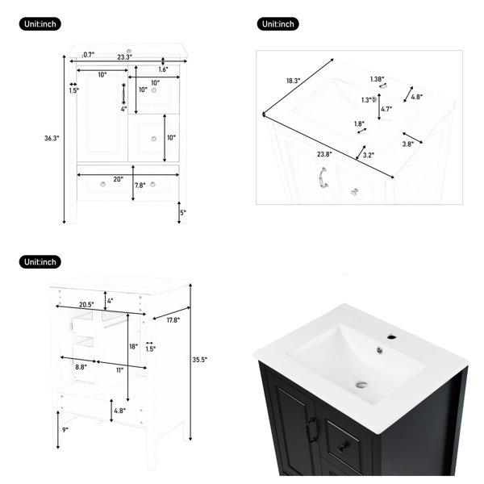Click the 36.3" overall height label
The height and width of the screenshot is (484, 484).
coord(52,138)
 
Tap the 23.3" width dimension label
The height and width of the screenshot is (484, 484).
coord(125,57)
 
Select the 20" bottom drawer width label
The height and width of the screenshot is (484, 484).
coord(119,179)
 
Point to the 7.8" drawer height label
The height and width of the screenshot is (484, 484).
coord(140,186)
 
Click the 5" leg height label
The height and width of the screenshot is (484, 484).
coord(183,213)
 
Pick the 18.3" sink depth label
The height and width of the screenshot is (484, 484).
coord(294,81)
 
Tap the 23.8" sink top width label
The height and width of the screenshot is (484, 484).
coord(324,154)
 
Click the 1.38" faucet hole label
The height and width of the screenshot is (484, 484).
coord(378,79)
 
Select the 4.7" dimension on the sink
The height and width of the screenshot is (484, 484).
coord(386,109)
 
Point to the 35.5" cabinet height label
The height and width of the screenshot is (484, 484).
coord(200,360)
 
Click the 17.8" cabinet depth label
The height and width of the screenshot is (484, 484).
coord(173,320)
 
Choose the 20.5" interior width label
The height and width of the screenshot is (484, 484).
coord(86,305)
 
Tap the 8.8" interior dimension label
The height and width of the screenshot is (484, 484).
coord(81,367)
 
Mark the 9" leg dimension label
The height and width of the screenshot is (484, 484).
coord(65,430)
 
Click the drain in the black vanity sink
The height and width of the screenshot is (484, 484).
coord(361,385)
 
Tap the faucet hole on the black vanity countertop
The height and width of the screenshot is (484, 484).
coord(392,336)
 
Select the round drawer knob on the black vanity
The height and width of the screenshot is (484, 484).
coord(344,446)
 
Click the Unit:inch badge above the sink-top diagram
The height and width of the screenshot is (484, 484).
coord(277,24)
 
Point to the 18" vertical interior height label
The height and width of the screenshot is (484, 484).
coord(133,347)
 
